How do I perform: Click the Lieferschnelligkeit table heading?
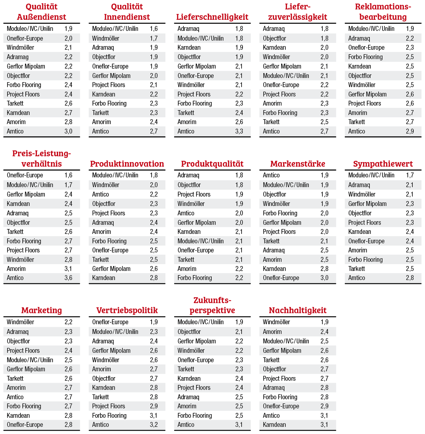pyautogui.click(x=212, y=17)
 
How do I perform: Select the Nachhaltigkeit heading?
pyautogui.click(x=297, y=310)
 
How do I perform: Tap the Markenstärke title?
pyautogui.click(x=297, y=164)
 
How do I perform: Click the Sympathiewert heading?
pyautogui.click(x=383, y=164)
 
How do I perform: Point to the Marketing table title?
pyautogui.click(x=42, y=310)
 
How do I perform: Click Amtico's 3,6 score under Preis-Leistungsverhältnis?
pyautogui.click(x=68, y=278)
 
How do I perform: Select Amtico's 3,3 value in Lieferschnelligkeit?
pyautogui.click(x=239, y=131)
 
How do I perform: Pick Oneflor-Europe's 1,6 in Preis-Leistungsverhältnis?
pyautogui.click(x=68, y=175)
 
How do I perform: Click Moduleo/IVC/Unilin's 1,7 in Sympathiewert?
pyautogui.click(x=410, y=175)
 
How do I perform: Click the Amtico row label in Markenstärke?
pyautogui.click(x=271, y=175)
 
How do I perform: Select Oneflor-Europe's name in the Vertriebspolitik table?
pyautogui.click(x=110, y=322)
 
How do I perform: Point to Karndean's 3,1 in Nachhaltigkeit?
pyautogui.click(x=324, y=425)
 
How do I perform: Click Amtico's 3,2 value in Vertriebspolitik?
pyautogui.click(x=154, y=425)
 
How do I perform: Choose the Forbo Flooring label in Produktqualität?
pyautogui.click(x=194, y=278)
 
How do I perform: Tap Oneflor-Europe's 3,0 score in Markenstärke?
pyautogui.click(x=324, y=278)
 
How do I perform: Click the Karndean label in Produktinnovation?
pyautogui.click(x=104, y=278)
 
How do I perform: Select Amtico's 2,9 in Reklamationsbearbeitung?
pyautogui.click(x=410, y=131)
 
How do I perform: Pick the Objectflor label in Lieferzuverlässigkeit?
pyautogui.click(x=274, y=38)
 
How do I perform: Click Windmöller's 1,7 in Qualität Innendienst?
pyautogui.click(x=154, y=38)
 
